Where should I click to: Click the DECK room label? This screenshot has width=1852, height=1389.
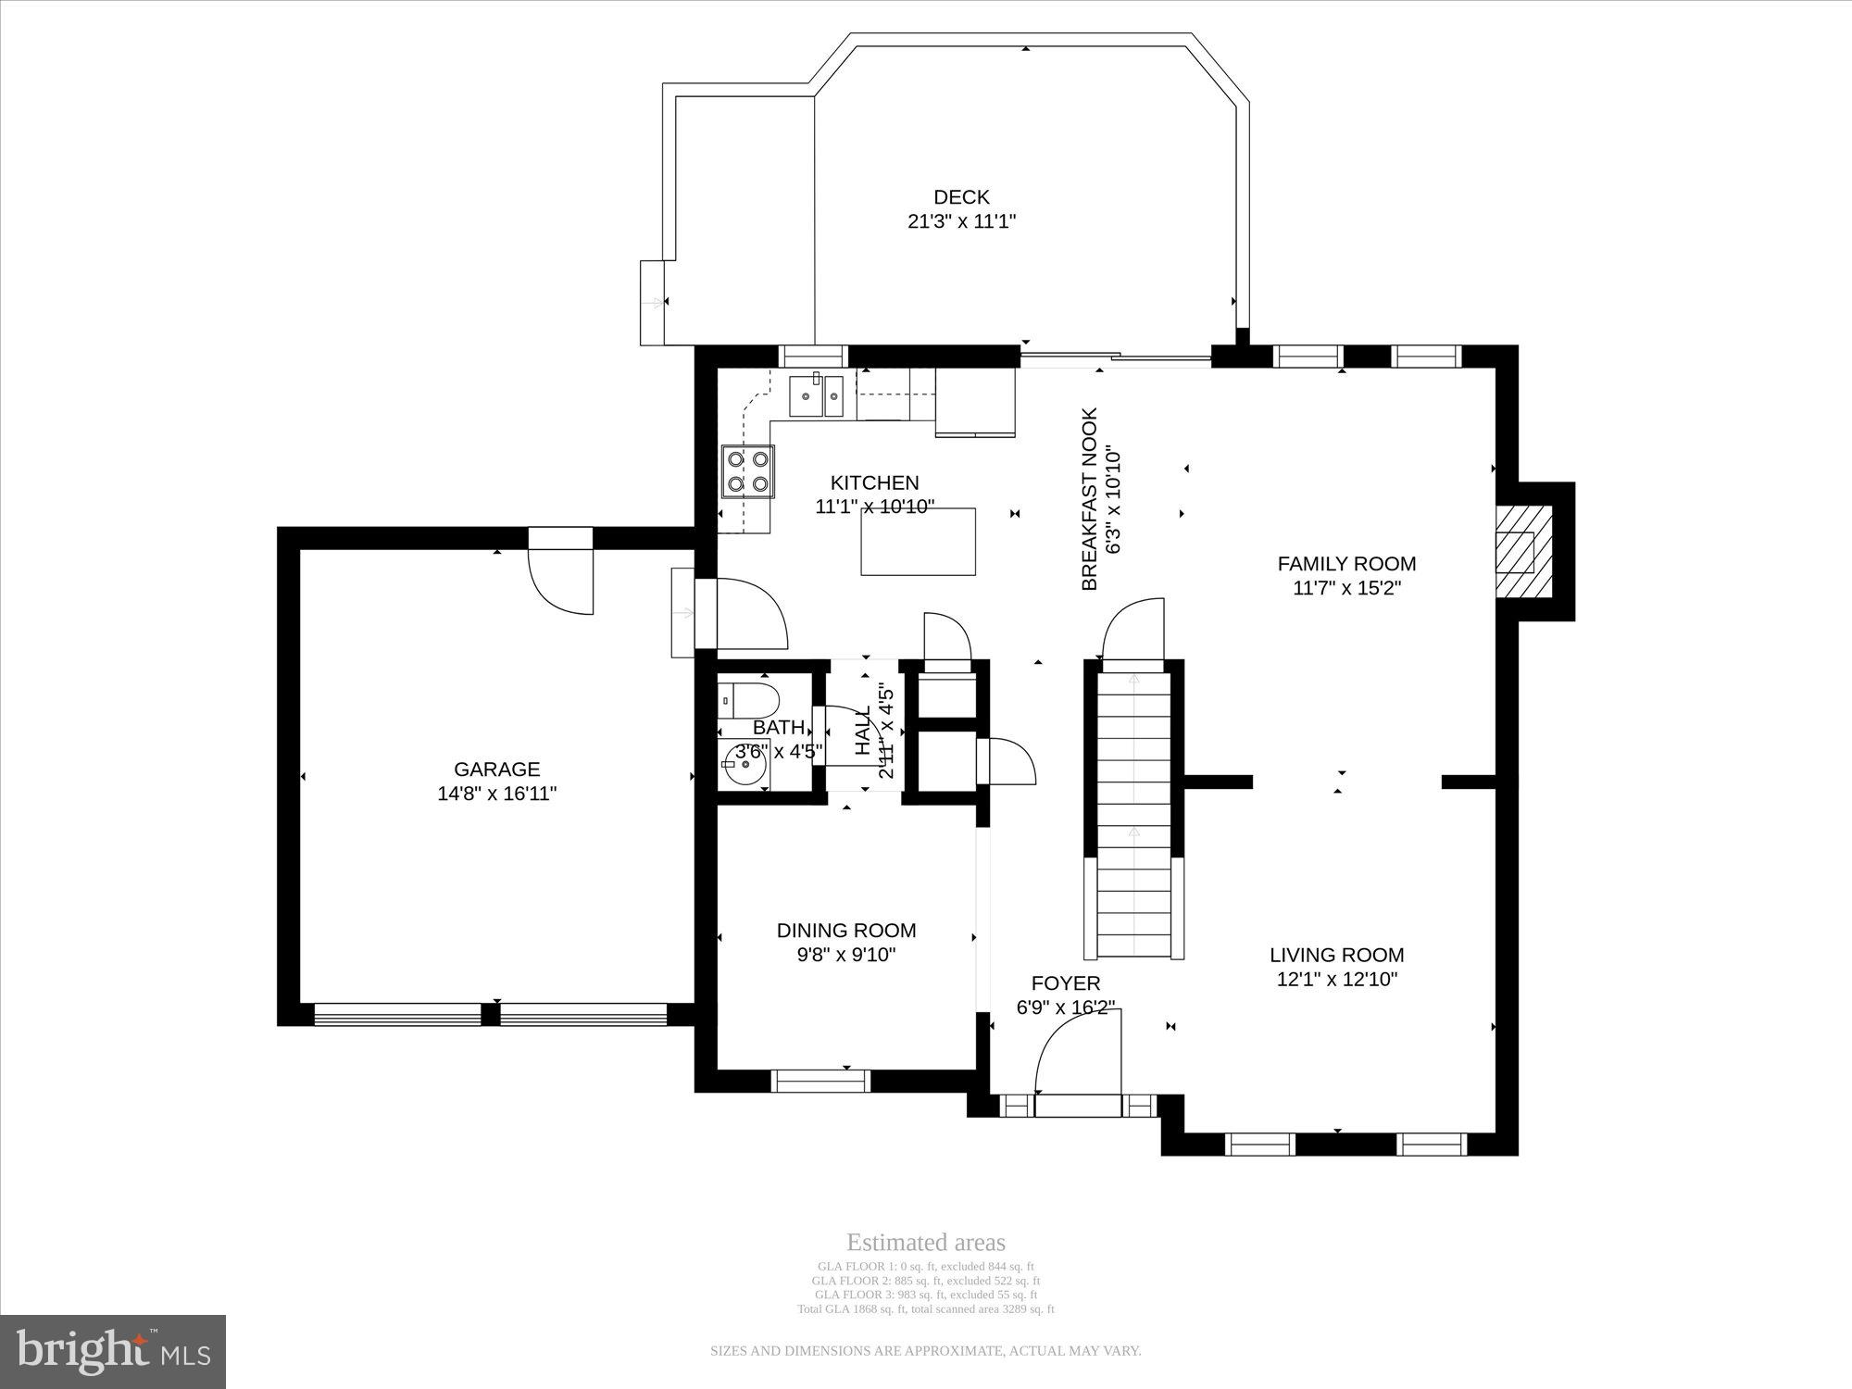tap(961, 197)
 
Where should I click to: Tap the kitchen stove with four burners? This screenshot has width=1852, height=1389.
tap(748, 471)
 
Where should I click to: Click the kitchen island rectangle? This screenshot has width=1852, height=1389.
tap(918, 542)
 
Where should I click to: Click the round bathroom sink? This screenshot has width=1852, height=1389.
tap(744, 764)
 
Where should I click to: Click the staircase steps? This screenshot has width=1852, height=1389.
tap(1134, 815)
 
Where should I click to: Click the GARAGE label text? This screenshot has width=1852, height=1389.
tap(496, 769)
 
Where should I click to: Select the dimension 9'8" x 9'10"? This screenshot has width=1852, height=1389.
tap(846, 955)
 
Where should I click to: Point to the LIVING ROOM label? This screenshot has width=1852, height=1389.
tap(1336, 955)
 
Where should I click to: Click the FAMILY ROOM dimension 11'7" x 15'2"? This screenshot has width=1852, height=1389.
tap(1346, 588)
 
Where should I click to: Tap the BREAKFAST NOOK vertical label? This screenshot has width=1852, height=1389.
tap(1090, 499)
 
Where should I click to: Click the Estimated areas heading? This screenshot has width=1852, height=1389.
tap(925, 1243)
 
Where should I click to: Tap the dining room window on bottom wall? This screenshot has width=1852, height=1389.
tap(820, 1081)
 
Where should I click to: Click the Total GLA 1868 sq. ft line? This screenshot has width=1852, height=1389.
tap(925, 1309)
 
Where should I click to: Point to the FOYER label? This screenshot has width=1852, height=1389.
tap(1065, 983)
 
